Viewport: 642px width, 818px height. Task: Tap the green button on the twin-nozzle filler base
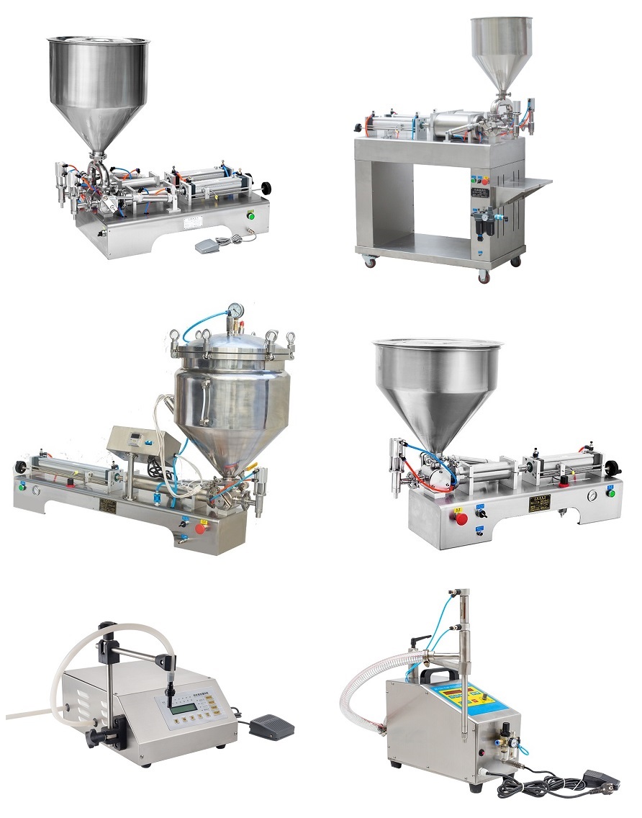click(x=251, y=213)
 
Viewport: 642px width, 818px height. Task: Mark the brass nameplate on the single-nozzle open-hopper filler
click(x=538, y=501)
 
